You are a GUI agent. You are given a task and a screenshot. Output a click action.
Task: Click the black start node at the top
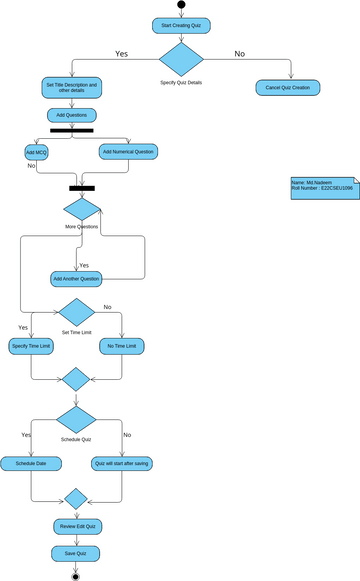point(181,5)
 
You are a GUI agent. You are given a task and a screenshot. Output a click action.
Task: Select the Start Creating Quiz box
point(181,24)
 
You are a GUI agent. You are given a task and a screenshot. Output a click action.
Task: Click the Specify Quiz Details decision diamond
point(181,59)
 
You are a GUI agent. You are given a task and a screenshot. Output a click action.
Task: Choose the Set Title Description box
point(72,87)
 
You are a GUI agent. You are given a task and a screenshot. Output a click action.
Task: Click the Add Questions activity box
point(72,115)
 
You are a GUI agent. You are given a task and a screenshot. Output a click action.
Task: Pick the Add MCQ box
point(37,152)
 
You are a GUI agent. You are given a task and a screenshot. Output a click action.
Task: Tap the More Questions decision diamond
point(82,209)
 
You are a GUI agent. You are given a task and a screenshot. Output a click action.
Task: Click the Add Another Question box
point(76,277)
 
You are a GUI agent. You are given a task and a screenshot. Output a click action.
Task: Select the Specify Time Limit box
point(31,346)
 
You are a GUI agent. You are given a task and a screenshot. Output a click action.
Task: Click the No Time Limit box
point(122,346)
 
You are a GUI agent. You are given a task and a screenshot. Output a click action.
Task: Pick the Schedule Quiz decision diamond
point(76,419)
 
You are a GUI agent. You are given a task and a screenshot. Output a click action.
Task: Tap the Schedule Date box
point(31,463)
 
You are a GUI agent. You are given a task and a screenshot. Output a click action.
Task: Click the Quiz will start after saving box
point(122,463)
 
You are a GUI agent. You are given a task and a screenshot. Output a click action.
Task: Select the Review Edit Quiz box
point(76,526)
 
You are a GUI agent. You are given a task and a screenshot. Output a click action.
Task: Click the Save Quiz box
point(76,552)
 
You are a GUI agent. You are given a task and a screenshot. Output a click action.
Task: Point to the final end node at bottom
point(76,576)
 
